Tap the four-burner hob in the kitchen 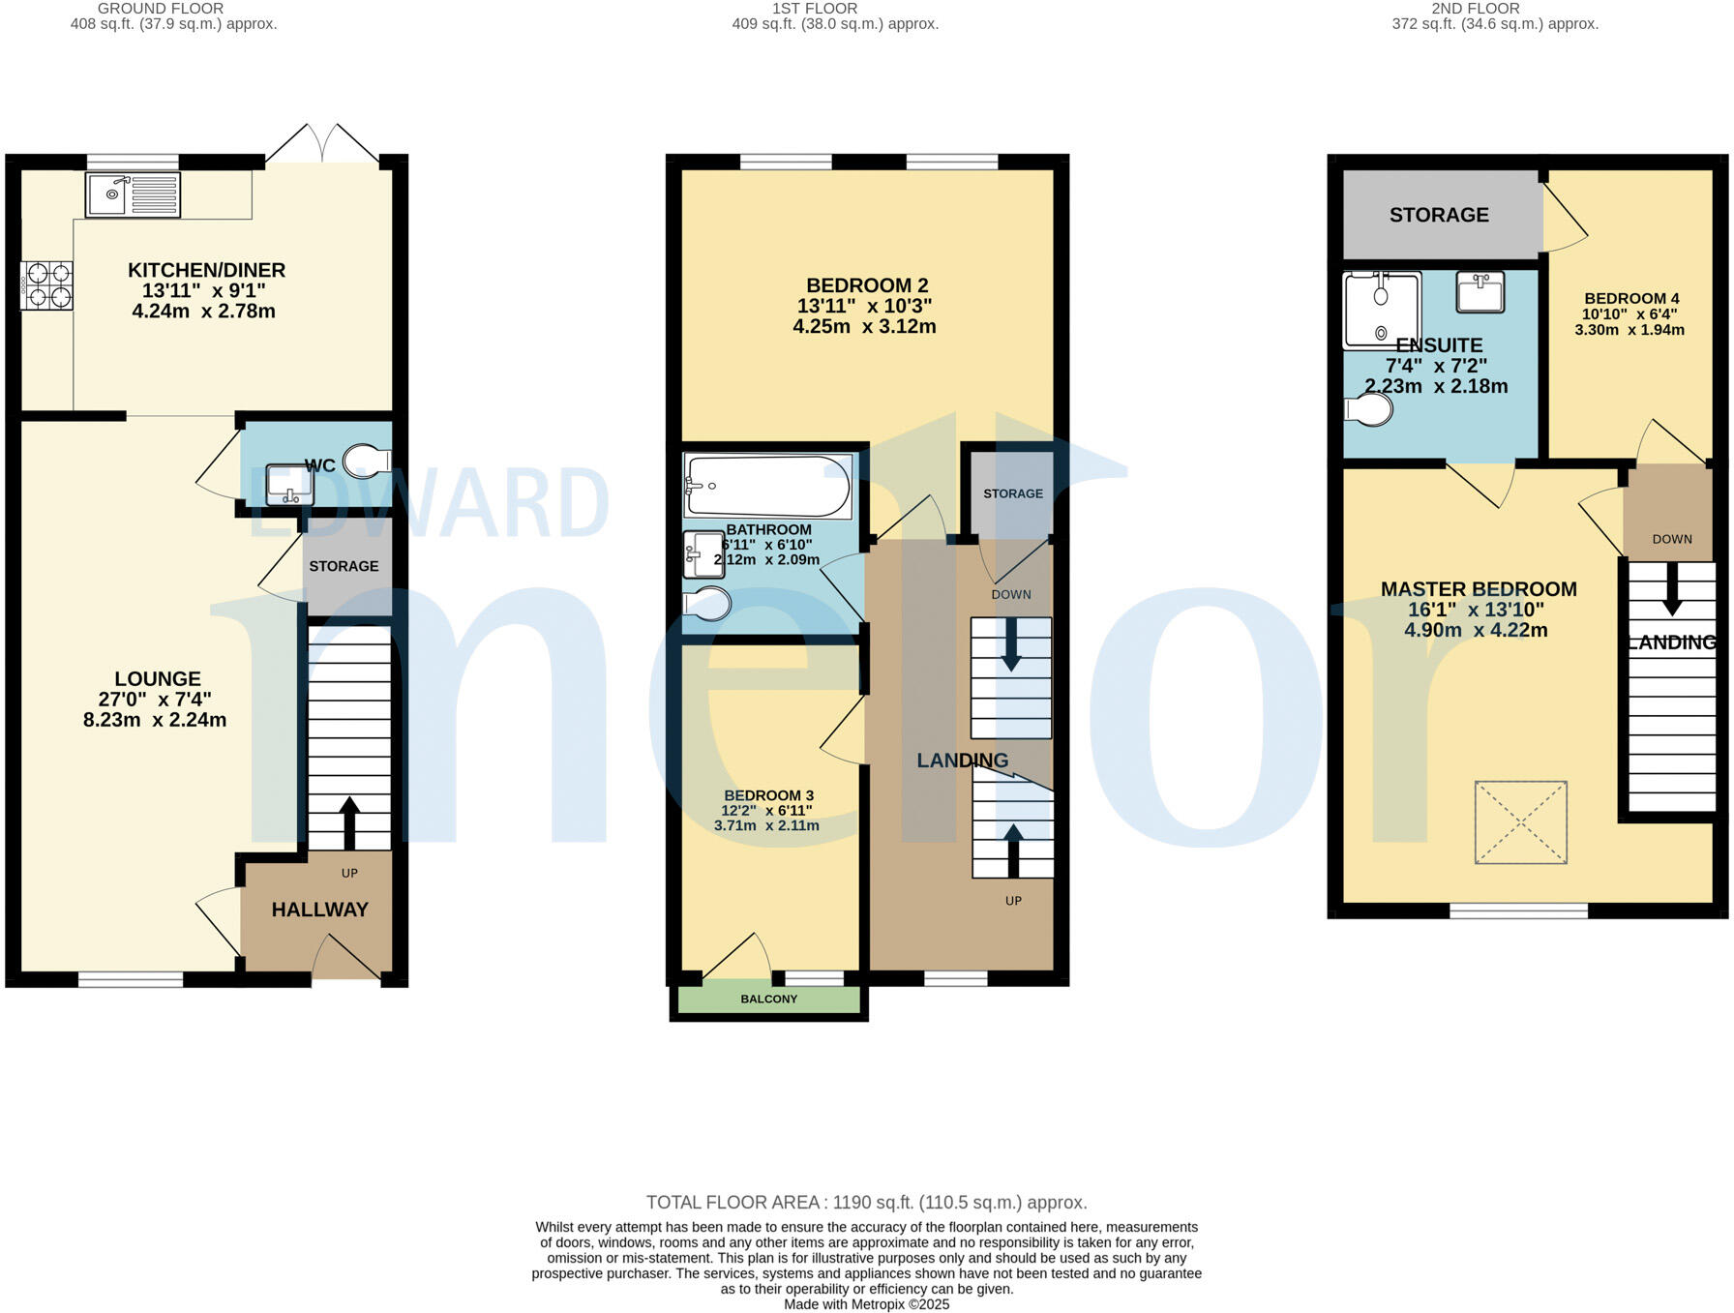(x=46, y=285)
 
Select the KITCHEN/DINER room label (x=206, y=270)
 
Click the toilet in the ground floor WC (x=370, y=460)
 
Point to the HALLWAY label (x=319, y=910)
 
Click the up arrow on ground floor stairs (x=349, y=822)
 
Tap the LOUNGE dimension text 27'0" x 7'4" (x=155, y=700)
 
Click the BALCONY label (x=768, y=999)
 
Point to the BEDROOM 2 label (x=866, y=285)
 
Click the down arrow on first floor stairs (x=1011, y=644)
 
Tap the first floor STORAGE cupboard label (x=1013, y=493)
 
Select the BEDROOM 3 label (x=768, y=795)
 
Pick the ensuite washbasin (x=1480, y=291)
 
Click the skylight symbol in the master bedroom (x=1520, y=822)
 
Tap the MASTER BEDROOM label (x=1478, y=589)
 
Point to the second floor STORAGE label (x=1439, y=215)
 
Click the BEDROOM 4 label (x=1631, y=298)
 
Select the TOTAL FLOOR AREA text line (x=866, y=1203)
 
